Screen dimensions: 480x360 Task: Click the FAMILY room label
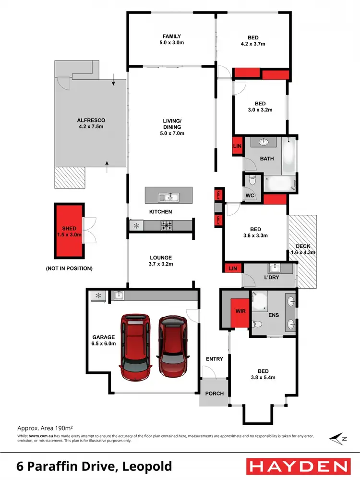click(x=171, y=36)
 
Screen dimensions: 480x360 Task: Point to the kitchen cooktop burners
click(x=167, y=224)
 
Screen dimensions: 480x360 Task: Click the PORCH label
click(x=215, y=394)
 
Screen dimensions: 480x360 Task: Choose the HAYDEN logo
click(x=298, y=466)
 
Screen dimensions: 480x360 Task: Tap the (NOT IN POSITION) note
click(x=69, y=268)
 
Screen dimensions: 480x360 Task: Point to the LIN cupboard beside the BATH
click(x=237, y=146)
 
